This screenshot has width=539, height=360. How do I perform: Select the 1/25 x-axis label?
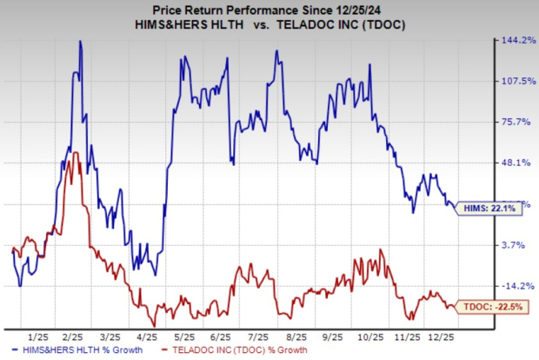point(37,335)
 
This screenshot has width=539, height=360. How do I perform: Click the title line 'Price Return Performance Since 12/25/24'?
point(269,9)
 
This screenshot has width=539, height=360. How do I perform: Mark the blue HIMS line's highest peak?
point(81,41)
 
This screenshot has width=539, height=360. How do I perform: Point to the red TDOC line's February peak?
point(76,153)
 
